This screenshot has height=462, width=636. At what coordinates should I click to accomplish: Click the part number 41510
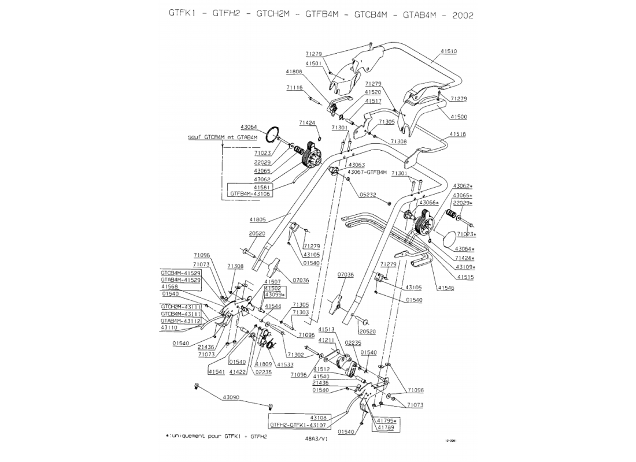coord(449,51)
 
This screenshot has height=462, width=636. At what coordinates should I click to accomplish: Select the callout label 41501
coord(313,63)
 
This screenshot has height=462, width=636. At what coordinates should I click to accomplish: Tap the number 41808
coord(294,72)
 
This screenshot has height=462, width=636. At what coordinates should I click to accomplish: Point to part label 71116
coord(294,88)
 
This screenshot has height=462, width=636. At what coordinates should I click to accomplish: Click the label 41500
coord(458,117)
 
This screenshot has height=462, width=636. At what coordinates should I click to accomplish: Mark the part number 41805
coord(258,219)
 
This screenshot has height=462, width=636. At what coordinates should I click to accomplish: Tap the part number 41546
coord(446,287)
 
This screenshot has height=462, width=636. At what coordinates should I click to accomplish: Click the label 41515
coord(465,277)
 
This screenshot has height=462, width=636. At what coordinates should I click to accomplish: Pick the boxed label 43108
coord(319,417)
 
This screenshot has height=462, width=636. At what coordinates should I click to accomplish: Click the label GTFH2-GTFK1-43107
coord(298,425)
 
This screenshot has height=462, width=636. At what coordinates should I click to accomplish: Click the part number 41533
coord(284,364)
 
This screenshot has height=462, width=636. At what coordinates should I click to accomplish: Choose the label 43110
coord(169,327)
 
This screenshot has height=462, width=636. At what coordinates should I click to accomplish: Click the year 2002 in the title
coord(463,16)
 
